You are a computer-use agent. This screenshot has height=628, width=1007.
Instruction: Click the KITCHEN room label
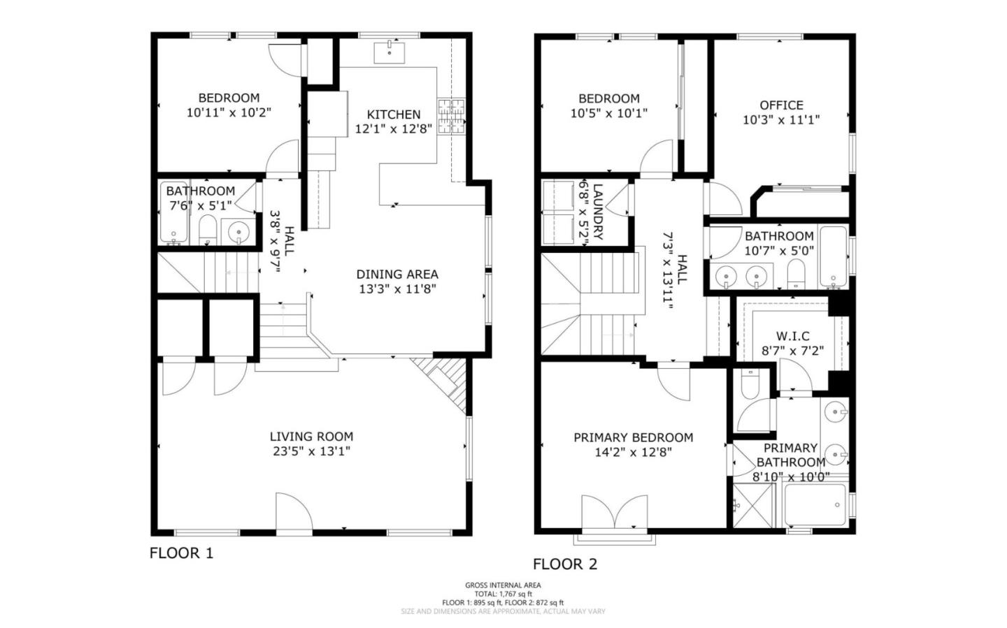[394, 115]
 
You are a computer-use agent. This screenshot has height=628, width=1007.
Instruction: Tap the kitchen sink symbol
[390, 52]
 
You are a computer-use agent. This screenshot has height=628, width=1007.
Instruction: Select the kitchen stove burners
[451, 117]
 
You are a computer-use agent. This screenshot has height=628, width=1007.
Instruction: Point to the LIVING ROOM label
[312, 436]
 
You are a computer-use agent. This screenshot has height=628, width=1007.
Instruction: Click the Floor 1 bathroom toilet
[208, 230]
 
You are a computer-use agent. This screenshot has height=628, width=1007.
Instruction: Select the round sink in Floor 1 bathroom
[238, 232]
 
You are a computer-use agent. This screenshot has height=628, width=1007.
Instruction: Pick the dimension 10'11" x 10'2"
[229, 112]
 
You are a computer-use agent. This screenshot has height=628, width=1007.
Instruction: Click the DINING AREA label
[397, 274]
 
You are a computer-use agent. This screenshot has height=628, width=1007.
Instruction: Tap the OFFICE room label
[781, 105]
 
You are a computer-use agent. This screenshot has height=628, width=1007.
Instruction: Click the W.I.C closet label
[792, 336]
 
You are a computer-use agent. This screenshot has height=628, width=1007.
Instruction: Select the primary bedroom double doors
[615, 512]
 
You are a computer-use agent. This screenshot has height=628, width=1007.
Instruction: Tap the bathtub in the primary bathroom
[815, 504]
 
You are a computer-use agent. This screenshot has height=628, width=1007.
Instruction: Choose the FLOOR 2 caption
[565, 564]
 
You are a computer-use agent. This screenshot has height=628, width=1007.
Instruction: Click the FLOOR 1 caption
[181, 553]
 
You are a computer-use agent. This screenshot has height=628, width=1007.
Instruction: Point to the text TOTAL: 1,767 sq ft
[503, 594]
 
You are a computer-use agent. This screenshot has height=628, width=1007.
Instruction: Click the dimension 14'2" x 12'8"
[634, 452]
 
